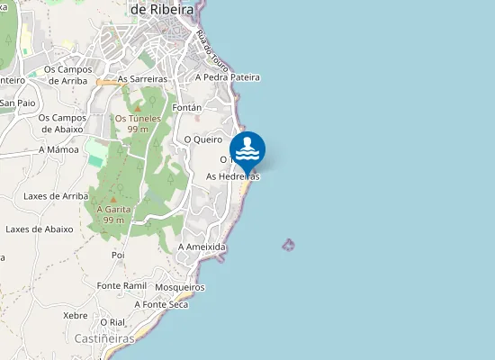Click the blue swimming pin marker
247,150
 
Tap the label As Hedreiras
232,176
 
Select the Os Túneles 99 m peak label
138,123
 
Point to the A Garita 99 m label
113,213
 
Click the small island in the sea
289,244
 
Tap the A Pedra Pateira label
227,77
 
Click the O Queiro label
202,139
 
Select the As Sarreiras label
143,79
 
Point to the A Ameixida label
202,247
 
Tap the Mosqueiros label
180,287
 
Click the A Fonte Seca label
161,304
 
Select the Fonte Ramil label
121,285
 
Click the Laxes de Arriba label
56,195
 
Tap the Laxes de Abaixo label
39,229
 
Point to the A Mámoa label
58,149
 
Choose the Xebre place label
76,316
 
